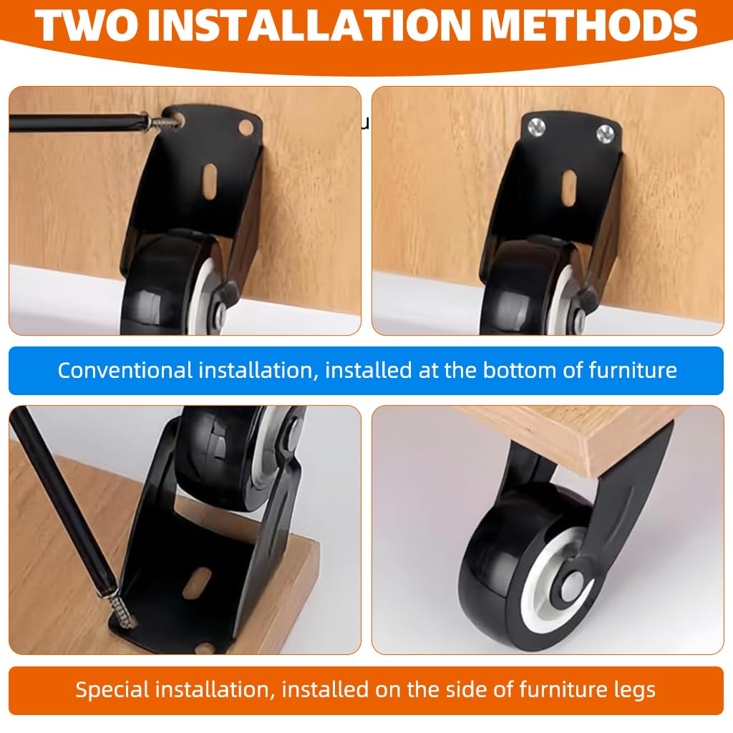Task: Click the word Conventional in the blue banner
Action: point(125,371)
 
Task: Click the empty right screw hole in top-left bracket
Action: point(246,127)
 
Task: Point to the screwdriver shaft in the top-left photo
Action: point(72,122)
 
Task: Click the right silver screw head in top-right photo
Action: point(606,132)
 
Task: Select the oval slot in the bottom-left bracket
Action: point(197,583)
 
